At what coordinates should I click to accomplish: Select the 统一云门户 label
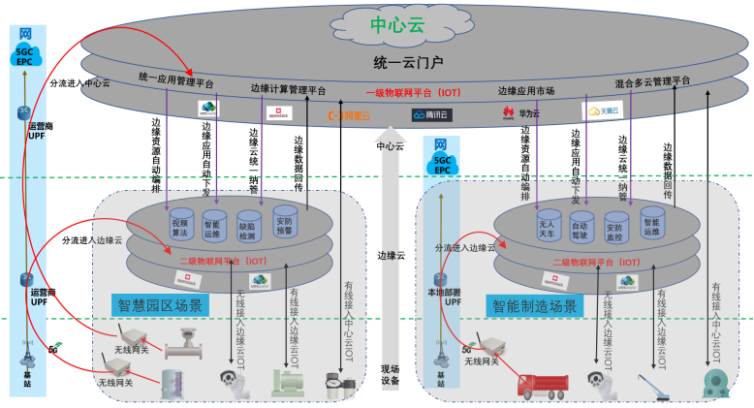407,63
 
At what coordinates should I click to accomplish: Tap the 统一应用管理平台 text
177,80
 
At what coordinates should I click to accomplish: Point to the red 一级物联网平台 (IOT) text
412,93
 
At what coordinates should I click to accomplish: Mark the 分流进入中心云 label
81,82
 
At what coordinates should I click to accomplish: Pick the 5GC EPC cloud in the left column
24,54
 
